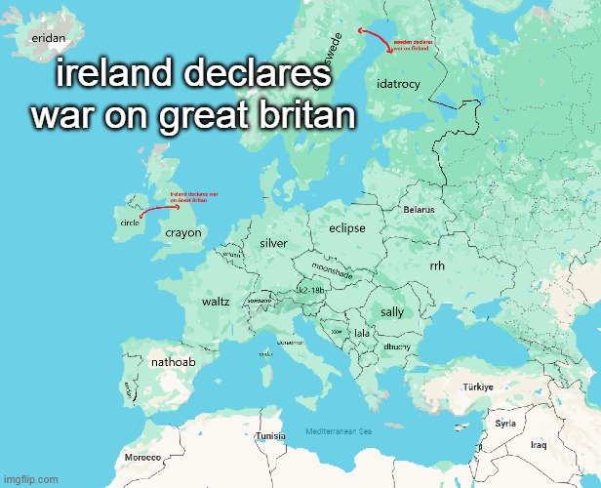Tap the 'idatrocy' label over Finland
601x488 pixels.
[x=398, y=84]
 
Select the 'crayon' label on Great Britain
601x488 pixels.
[x=182, y=233]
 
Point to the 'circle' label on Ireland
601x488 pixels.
[x=130, y=223]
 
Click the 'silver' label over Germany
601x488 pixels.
[x=273, y=242]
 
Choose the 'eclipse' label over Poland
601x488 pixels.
[x=346, y=228]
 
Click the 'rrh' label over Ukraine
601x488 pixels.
[x=437, y=266]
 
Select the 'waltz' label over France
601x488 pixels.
[x=216, y=302]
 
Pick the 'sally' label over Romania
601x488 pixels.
[x=392, y=312]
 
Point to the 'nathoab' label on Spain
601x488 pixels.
[x=174, y=363]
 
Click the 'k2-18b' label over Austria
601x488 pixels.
[x=310, y=291]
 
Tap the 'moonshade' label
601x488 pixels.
[x=332, y=270]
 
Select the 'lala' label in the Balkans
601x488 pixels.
[x=362, y=334]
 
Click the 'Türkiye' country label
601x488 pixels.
[x=478, y=387]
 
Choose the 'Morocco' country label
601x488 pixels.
[x=142, y=458]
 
